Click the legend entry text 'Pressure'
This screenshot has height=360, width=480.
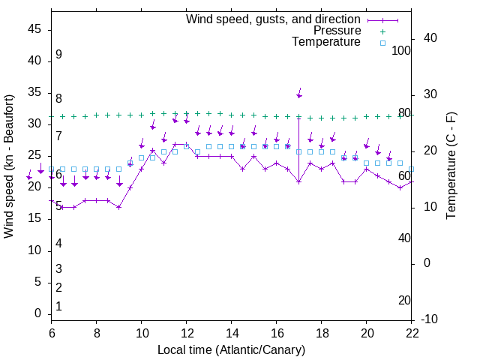(337, 31)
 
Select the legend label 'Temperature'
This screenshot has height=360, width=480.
(326, 42)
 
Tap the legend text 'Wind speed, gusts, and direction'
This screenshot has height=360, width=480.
(273, 19)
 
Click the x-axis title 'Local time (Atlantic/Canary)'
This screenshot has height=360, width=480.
(232, 349)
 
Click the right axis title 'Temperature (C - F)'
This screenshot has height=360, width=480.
(451, 166)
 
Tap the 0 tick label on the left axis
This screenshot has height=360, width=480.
(38, 313)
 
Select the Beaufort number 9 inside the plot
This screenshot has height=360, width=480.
(58, 55)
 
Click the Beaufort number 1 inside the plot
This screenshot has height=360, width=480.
(58, 307)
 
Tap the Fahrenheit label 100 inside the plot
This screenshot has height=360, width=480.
(402, 51)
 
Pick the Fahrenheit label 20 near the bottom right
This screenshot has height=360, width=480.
(404, 301)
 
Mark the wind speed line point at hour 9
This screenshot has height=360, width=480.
(118, 207)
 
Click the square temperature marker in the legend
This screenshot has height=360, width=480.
(382, 43)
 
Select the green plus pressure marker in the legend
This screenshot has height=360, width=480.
(382, 31)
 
